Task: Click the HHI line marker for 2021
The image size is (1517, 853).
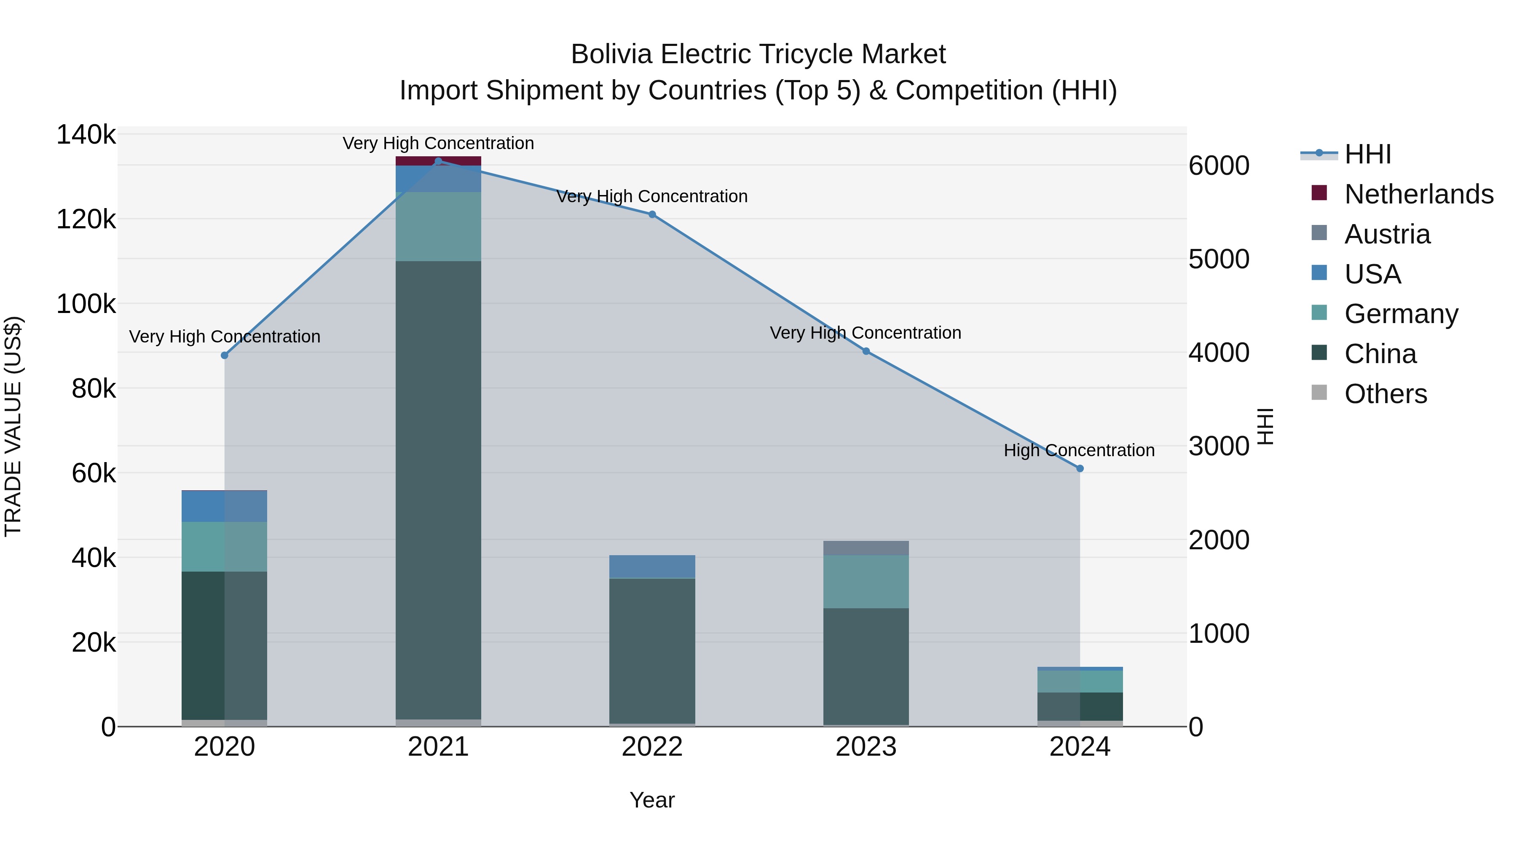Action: click(438, 161)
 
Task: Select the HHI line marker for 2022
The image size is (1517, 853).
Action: click(652, 214)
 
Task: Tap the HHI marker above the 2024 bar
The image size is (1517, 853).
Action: click(1080, 468)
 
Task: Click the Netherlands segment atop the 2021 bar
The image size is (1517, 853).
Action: click(438, 161)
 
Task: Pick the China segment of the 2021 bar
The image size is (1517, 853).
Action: click(438, 489)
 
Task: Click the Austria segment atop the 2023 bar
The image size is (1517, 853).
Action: click(866, 548)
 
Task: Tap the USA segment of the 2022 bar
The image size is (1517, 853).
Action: click(652, 566)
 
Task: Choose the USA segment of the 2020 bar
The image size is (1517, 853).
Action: click(224, 506)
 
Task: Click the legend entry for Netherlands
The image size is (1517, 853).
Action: click(1418, 194)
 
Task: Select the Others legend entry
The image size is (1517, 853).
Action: click(1385, 394)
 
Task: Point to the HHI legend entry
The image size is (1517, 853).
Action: click(1367, 154)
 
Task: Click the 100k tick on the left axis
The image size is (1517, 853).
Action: click(86, 305)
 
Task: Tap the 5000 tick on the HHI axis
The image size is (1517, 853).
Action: click(1218, 259)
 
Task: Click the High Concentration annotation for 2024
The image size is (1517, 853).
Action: click(1079, 450)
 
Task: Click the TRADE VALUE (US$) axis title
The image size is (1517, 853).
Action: click(13, 426)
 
